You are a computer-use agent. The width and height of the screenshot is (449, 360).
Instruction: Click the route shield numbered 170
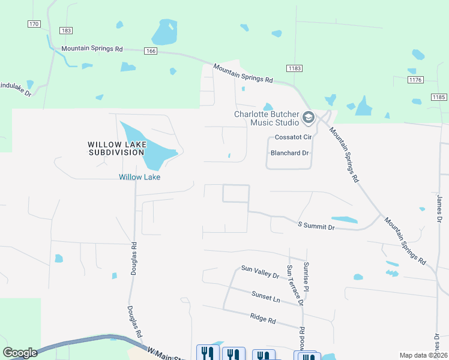[34, 24]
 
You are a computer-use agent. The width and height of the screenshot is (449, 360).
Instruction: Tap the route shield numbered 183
[66, 31]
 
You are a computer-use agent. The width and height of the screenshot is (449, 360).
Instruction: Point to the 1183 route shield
[294, 69]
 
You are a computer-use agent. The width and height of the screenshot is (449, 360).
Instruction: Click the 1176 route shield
[415, 80]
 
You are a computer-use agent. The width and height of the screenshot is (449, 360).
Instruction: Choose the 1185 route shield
[439, 97]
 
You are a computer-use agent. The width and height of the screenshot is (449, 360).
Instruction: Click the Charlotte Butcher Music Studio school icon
[309, 118]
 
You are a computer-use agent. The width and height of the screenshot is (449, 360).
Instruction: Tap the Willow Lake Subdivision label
[116, 148]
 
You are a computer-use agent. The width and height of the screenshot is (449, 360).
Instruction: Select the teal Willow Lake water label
[139, 177]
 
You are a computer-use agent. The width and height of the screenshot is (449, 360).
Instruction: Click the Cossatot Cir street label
[292, 137]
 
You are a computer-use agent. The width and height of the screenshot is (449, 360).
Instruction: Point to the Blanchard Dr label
[289, 153]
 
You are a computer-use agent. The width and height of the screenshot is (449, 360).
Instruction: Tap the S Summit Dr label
[316, 226]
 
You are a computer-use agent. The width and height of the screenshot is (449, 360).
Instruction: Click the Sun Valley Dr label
[260, 272]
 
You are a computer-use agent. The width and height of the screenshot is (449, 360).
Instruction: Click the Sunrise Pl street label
[306, 277]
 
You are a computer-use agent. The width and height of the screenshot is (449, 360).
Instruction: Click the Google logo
[20, 353]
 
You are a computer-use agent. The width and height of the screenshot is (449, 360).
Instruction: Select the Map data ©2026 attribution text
[423, 355]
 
